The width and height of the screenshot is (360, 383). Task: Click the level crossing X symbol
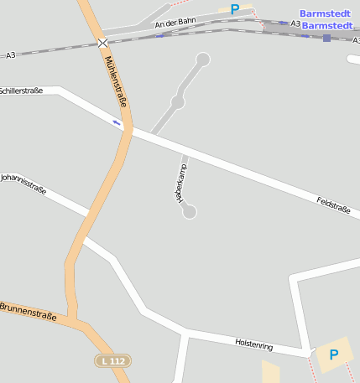(102, 42)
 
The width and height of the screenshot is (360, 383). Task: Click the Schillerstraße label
(21, 90)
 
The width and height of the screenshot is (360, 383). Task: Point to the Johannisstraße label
(23, 184)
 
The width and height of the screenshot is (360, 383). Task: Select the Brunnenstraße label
(29, 312)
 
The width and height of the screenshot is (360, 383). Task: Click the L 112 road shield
(112, 360)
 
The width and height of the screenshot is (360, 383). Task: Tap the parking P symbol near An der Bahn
(235, 9)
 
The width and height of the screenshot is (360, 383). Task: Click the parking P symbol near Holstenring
(333, 355)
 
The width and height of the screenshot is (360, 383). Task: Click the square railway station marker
(326, 38)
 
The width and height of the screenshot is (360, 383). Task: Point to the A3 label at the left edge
(10, 55)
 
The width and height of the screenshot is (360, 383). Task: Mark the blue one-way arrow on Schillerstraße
(117, 122)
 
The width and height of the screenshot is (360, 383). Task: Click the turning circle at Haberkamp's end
(190, 212)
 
